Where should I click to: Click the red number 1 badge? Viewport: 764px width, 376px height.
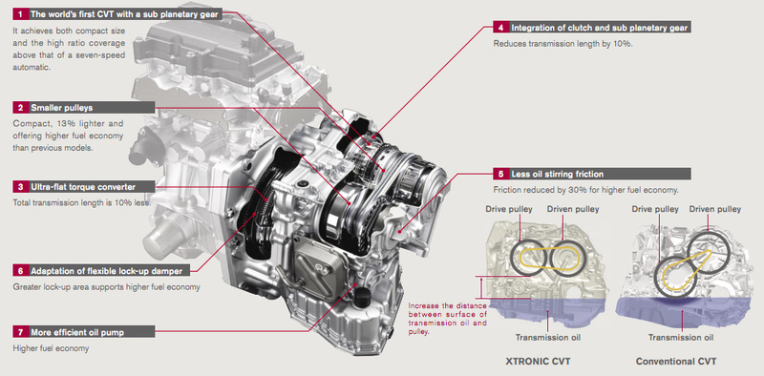pyautogui.click(x=20, y=14)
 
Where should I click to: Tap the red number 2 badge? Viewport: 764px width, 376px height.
pyautogui.click(x=20, y=108)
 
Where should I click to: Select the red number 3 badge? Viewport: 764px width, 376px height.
pyautogui.click(x=20, y=186)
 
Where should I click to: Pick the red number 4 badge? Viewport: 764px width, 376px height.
pyautogui.click(x=500, y=28)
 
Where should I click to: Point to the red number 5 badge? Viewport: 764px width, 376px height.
pyautogui.click(x=500, y=174)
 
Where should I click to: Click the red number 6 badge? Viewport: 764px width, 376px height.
pyautogui.click(x=20, y=271)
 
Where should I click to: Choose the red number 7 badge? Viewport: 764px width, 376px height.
pyautogui.click(x=20, y=333)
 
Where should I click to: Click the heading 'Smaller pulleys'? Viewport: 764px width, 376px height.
pyautogui.click(x=61, y=108)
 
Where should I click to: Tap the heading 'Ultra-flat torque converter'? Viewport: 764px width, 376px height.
pyautogui.click(x=83, y=186)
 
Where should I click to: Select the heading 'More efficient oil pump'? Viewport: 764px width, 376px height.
pyautogui.click(x=77, y=333)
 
